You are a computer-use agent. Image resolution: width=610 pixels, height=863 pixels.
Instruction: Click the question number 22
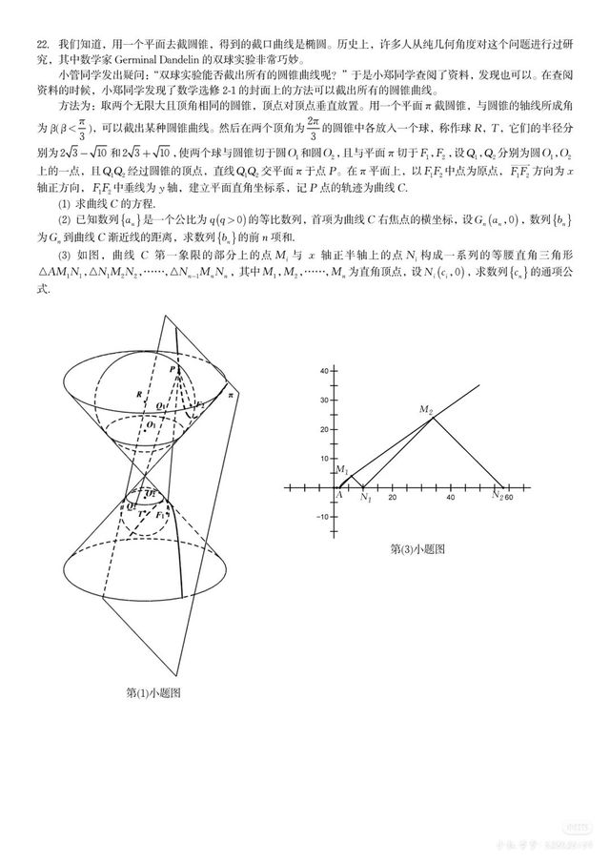(x=43, y=44)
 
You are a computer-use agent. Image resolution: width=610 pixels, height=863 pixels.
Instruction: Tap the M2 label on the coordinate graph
(x=426, y=409)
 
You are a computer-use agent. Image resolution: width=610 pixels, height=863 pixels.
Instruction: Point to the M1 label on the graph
(x=342, y=470)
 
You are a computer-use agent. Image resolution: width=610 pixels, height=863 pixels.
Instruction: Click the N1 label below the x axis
(x=365, y=498)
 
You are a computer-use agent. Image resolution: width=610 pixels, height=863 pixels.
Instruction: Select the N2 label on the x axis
(x=498, y=496)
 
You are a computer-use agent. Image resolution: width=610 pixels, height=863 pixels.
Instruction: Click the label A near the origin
(x=338, y=495)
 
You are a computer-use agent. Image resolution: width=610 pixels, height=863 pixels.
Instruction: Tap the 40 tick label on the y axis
(x=322, y=370)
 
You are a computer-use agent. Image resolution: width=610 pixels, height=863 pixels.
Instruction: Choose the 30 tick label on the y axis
(x=322, y=400)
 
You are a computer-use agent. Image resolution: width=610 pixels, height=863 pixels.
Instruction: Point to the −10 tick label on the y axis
(x=320, y=517)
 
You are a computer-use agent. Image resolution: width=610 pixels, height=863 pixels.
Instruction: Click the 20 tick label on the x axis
(x=391, y=497)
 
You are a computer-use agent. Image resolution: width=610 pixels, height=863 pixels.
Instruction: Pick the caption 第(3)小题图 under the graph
(x=417, y=549)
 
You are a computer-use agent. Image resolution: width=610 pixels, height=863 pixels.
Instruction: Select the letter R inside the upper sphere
(x=139, y=393)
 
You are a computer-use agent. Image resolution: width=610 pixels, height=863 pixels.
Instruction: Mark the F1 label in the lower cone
(x=172, y=516)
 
